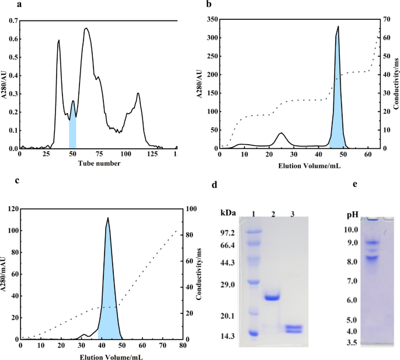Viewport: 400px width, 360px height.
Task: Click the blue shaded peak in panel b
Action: (x=337, y=117)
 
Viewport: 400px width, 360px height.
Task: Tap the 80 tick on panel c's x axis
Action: (x=183, y=345)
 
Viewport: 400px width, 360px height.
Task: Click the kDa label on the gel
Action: (x=228, y=213)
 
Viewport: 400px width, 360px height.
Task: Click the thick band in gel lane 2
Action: (x=272, y=298)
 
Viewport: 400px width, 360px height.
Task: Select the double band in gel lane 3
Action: (x=294, y=329)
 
